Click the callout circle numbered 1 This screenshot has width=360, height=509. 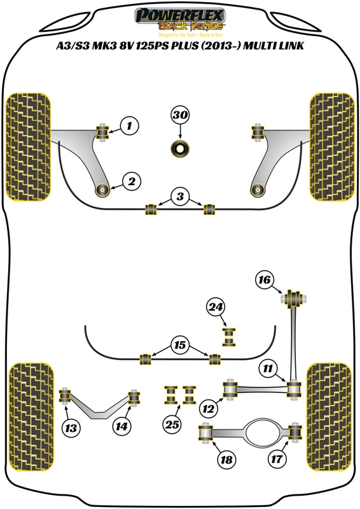coord(129,126)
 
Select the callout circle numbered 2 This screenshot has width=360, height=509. coord(131,183)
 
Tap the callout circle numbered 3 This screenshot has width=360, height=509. coord(180,197)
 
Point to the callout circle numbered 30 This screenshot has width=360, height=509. coord(180,115)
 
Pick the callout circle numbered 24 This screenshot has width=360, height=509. coord(216,308)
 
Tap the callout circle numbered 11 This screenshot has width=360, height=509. coord(268,368)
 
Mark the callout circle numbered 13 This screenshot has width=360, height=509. coord(72,428)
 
